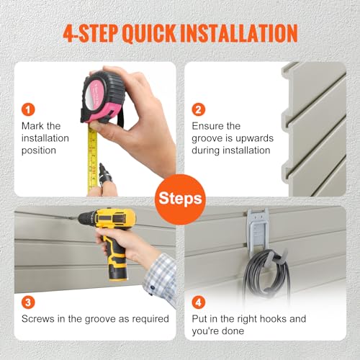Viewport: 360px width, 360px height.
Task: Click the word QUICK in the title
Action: tap(150, 33)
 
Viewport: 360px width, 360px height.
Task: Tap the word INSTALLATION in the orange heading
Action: tap(239, 33)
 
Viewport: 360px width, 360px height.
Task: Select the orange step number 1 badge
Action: tap(28, 109)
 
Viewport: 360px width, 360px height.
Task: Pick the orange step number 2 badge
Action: tap(199, 109)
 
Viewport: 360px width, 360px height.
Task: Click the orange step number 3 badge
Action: tap(28, 302)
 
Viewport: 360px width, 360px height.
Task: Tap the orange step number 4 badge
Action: tap(199, 302)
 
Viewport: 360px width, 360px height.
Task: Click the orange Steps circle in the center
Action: tap(180, 199)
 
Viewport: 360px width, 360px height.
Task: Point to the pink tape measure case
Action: tap(103, 97)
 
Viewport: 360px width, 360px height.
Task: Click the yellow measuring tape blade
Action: tap(93, 158)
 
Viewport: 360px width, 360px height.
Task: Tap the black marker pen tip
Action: tap(101, 165)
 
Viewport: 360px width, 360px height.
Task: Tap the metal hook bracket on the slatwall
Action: tap(258, 230)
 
